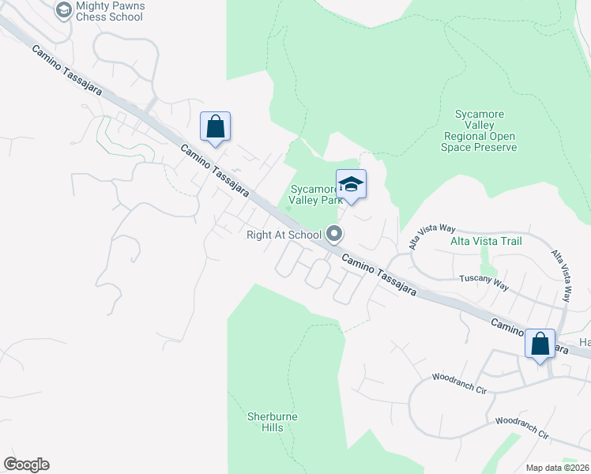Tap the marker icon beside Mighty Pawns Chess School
tap(63, 9)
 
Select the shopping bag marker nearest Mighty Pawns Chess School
tap(215, 127)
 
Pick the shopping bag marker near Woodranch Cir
tap(540, 344)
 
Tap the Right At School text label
tap(284, 234)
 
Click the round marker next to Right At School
tap(334, 233)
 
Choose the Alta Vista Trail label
tap(486, 240)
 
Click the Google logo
tap(27, 465)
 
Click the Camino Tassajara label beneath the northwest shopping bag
tap(214, 171)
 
